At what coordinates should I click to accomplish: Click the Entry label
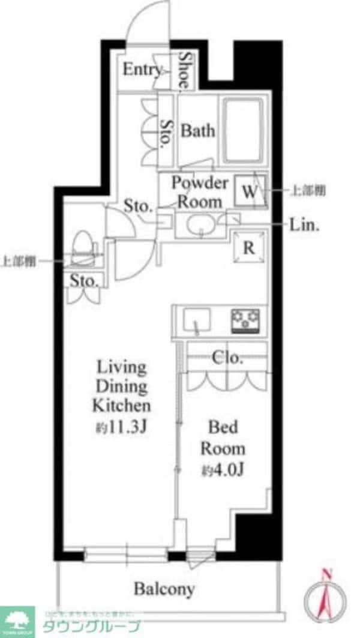[x=142, y=70]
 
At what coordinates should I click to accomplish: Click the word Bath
[x=198, y=131]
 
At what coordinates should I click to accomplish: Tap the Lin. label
[x=305, y=226]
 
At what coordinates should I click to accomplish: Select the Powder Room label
[x=200, y=192]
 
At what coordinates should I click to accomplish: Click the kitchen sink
[x=196, y=321]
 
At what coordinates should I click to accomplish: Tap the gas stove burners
[x=246, y=321]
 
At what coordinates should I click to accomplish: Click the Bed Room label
[x=223, y=438]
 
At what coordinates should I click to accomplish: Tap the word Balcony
[x=164, y=589]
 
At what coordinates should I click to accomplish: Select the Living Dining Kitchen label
[x=119, y=385]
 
